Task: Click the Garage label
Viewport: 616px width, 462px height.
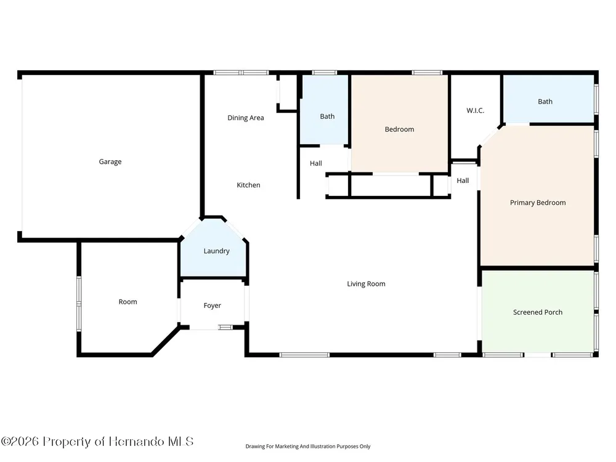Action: pyautogui.click(x=110, y=161)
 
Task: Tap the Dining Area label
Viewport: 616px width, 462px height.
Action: pyautogui.click(x=246, y=118)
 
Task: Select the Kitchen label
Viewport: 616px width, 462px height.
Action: pyautogui.click(x=248, y=185)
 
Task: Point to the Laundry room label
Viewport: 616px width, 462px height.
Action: pyautogui.click(x=216, y=251)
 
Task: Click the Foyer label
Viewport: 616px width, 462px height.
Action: pyautogui.click(x=212, y=306)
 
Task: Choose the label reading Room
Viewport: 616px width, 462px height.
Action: pyautogui.click(x=128, y=302)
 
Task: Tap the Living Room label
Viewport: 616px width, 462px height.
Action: pyautogui.click(x=366, y=284)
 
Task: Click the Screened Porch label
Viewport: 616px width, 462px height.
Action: pyautogui.click(x=538, y=312)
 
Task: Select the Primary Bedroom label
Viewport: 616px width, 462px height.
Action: pyautogui.click(x=538, y=203)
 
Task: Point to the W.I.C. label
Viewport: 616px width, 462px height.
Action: pyautogui.click(x=476, y=110)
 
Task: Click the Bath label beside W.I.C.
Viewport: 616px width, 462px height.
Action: pyautogui.click(x=545, y=102)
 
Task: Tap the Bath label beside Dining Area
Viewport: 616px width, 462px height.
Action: pyautogui.click(x=327, y=116)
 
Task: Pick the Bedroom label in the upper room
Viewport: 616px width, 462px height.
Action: pyautogui.click(x=399, y=129)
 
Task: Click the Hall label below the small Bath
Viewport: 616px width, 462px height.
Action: pyautogui.click(x=316, y=163)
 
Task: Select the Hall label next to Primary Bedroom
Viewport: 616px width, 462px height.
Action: pyautogui.click(x=463, y=180)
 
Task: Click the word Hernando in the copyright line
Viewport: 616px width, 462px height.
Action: pyautogui.click(x=136, y=442)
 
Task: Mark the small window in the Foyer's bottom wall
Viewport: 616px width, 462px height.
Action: pyautogui.click(x=225, y=327)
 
